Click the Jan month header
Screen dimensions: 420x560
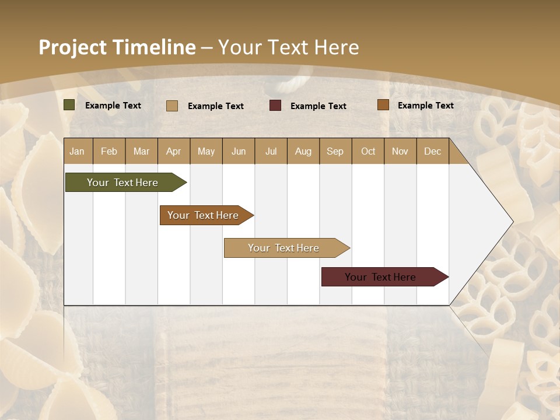tap(78, 151)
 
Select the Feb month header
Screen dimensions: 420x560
tap(109, 151)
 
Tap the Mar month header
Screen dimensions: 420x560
tap(141, 151)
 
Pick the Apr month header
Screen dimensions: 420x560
tap(174, 151)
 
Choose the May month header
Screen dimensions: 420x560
tap(206, 151)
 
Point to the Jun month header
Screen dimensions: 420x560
tap(239, 151)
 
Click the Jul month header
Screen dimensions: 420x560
tap(271, 151)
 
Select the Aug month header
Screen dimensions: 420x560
tap(303, 151)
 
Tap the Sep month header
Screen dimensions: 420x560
tap(335, 151)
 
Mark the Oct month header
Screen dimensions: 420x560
tap(368, 151)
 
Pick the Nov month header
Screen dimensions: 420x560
tap(400, 151)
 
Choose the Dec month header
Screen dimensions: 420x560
tap(433, 151)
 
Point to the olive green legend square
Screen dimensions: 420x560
tap(69, 105)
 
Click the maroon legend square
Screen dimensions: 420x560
tap(275, 106)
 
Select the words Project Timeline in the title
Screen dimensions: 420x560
tap(117, 47)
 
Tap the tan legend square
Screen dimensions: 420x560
tap(172, 106)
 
